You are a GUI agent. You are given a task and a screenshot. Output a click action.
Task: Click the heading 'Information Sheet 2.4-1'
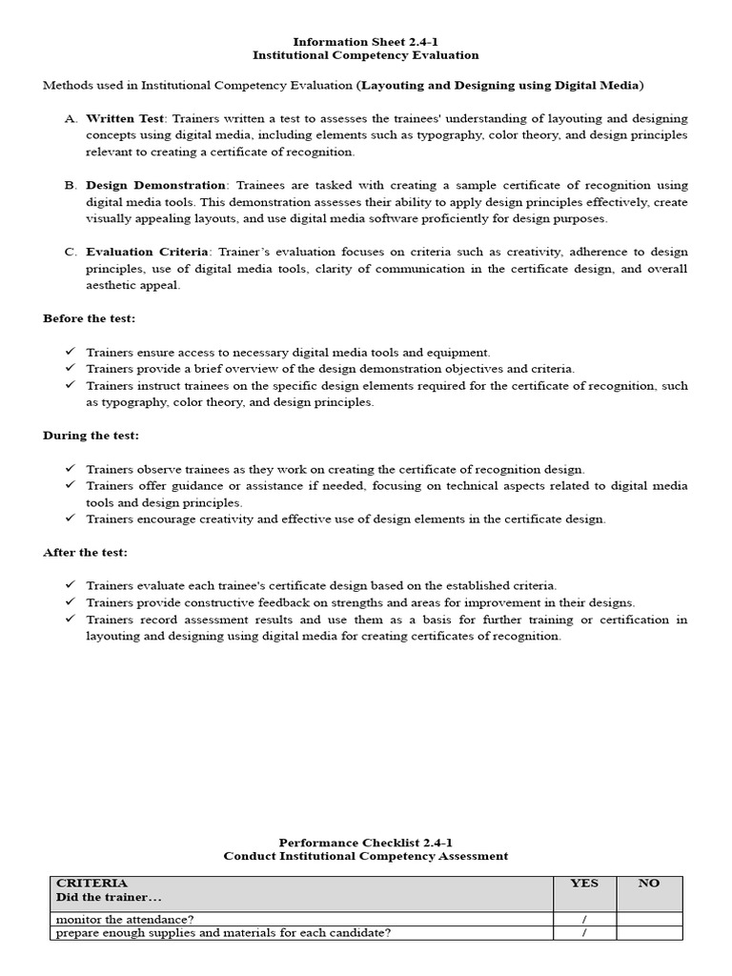(365, 42)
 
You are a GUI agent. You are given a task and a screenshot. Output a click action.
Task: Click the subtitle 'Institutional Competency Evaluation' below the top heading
(365, 56)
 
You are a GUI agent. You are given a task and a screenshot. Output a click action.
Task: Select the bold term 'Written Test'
(125, 118)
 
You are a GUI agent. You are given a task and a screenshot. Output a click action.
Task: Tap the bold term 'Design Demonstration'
(156, 185)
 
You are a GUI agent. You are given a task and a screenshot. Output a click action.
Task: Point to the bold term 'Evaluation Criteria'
(147, 252)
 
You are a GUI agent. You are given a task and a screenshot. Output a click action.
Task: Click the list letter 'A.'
(71, 118)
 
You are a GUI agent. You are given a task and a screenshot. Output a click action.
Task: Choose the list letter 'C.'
(71, 252)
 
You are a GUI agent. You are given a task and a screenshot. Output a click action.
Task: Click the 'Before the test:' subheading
(89, 318)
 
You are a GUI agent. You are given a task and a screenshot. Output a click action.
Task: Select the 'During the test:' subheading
(91, 436)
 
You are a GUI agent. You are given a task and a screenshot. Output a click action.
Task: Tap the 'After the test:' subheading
(85, 553)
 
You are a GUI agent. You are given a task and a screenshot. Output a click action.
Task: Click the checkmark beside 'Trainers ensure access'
(71, 352)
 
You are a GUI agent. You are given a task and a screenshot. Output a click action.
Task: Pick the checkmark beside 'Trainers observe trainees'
(71, 469)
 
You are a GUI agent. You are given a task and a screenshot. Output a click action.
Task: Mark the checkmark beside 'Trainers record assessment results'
(71, 620)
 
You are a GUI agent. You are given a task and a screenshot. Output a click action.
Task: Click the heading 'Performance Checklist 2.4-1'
(365, 843)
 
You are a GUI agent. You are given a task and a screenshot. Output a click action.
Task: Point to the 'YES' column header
(584, 884)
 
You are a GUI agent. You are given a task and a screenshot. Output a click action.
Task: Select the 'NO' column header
(649, 884)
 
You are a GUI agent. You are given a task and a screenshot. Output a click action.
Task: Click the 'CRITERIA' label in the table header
(91, 884)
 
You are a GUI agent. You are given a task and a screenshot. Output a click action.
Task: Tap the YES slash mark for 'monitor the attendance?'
(584, 919)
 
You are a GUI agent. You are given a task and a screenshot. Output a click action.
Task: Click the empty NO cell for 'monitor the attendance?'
(649, 919)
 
